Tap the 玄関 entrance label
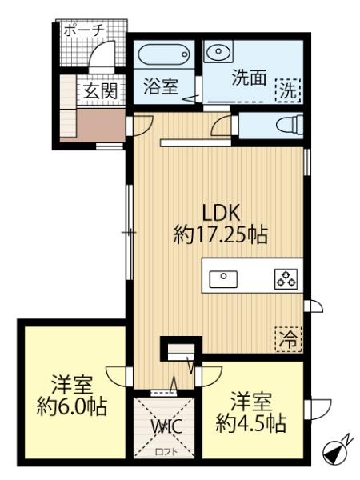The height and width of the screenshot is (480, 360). coord(100,91)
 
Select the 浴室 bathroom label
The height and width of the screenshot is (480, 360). coord(160,86)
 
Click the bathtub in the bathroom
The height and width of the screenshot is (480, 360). coord(165,56)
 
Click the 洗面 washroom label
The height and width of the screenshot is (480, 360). coord(248,79)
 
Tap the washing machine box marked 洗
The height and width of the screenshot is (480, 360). coord(287,90)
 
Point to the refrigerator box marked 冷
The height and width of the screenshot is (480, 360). coord(287,338)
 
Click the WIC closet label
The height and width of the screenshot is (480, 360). coord(168,425)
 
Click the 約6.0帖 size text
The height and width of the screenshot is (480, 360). coord(72,405)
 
